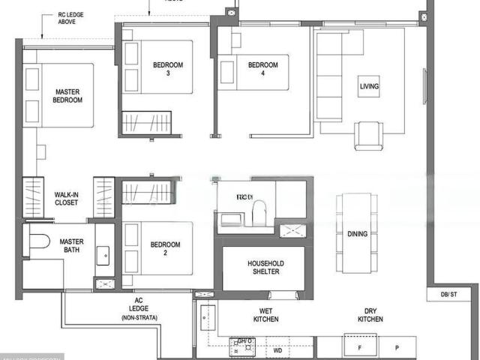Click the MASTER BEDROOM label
[x=67, y=96]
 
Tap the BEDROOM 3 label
[x=168, y=70]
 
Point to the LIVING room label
[x=369, y=87]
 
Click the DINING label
[x=358, y=234]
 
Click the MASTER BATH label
[x=72, y=246]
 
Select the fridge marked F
[x=360, y=347]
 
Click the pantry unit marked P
[x=397, y=347]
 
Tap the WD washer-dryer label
[x=277, y=349]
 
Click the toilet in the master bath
[x=37, y=241]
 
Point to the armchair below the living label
[x=368, y=136]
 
